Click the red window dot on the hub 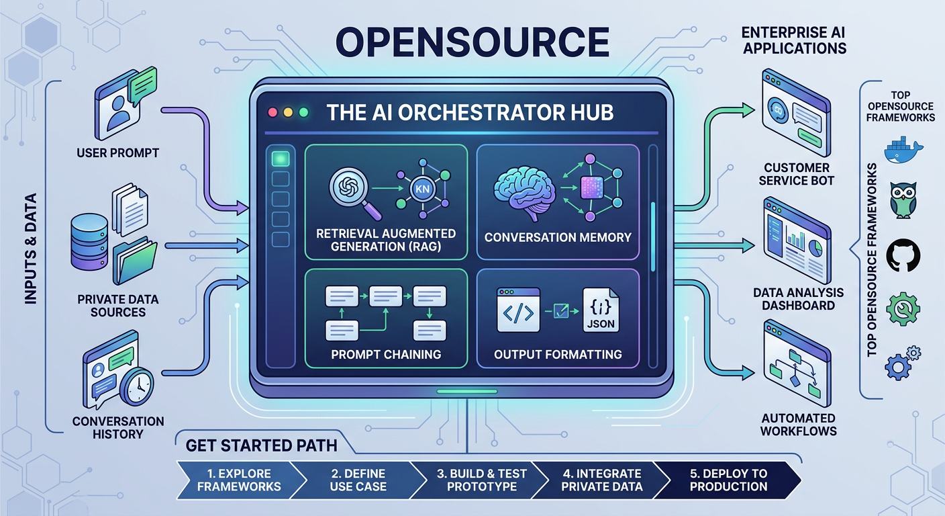point(272,112)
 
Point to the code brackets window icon point(518,310)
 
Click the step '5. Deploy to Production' point(728,480)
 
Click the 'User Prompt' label point(117,153)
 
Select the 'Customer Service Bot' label point(797,173)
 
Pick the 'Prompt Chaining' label point(386,354)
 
